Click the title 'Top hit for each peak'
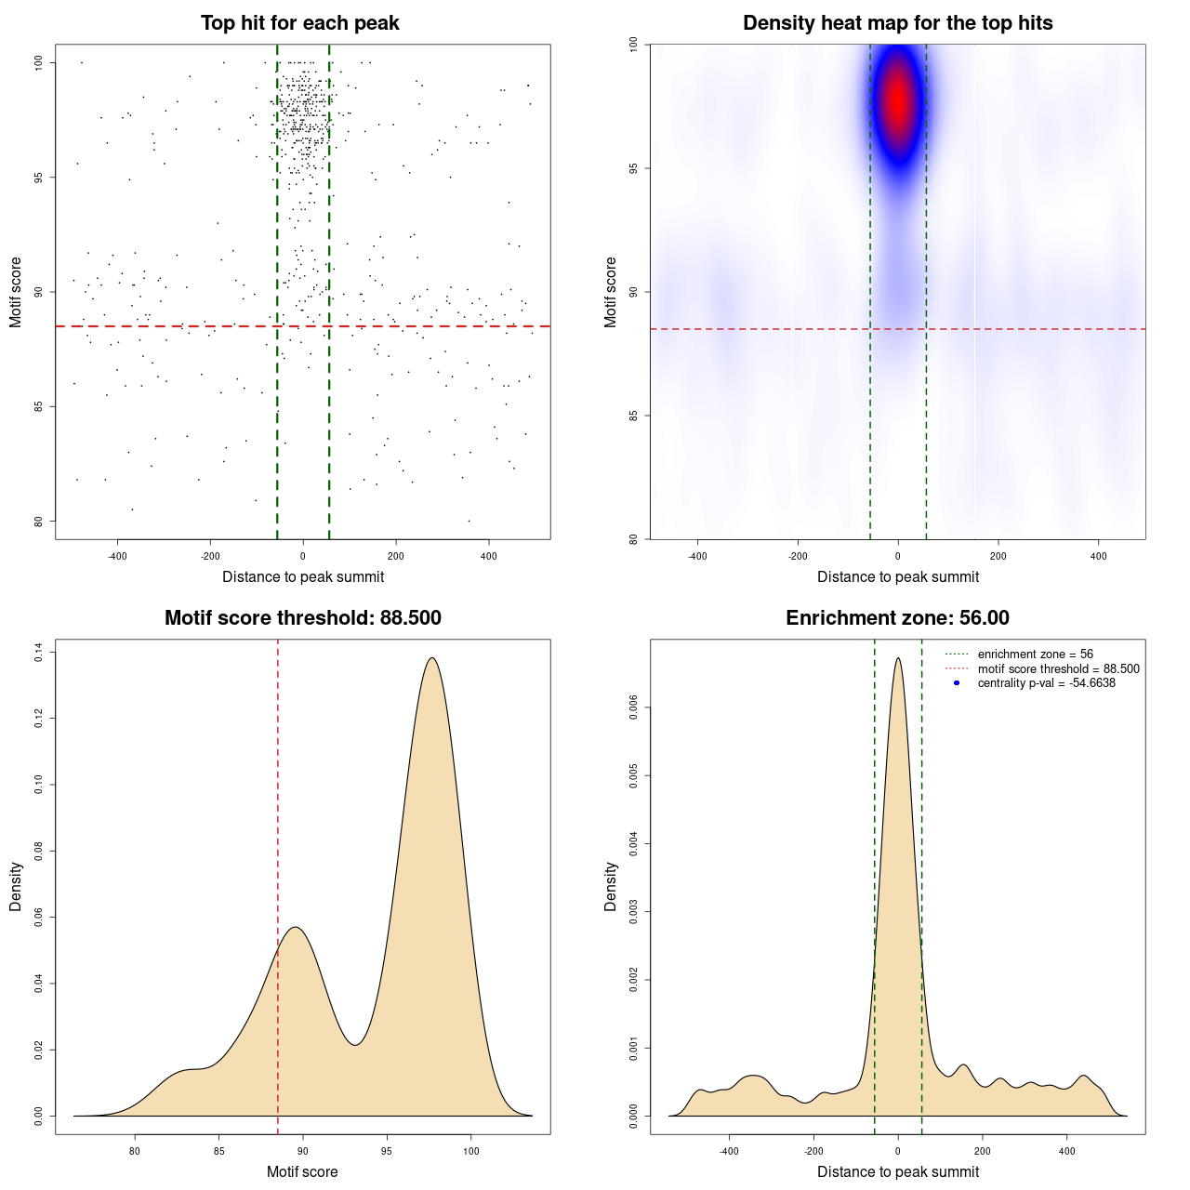click(x=300, y=23)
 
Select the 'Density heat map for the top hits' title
click(x=897, y=23)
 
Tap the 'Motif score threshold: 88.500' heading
click(x=302, y=618)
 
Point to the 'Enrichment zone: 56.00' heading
click(x=897, y=618)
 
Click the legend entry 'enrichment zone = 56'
click(x=1035, y=654)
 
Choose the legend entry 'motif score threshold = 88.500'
click(x=1058, y=668)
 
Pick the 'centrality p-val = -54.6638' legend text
click(x=1046, y=683)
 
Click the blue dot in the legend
click(x=957, y=683)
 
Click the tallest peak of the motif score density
click(x=431, y=658)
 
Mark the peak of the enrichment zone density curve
click(x=897, y=658)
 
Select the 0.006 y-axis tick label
click(x=634, y=707)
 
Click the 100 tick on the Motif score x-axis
click(x=470, y=1151)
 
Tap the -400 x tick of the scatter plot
click(x=117, y=556)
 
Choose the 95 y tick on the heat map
click(x=634, y=168)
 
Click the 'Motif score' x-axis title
click(x=302, y=1171)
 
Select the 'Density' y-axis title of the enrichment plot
click(x=611, y=886)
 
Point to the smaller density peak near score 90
click(x=295, y=927)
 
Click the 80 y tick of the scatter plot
click(x=39, y=522)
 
